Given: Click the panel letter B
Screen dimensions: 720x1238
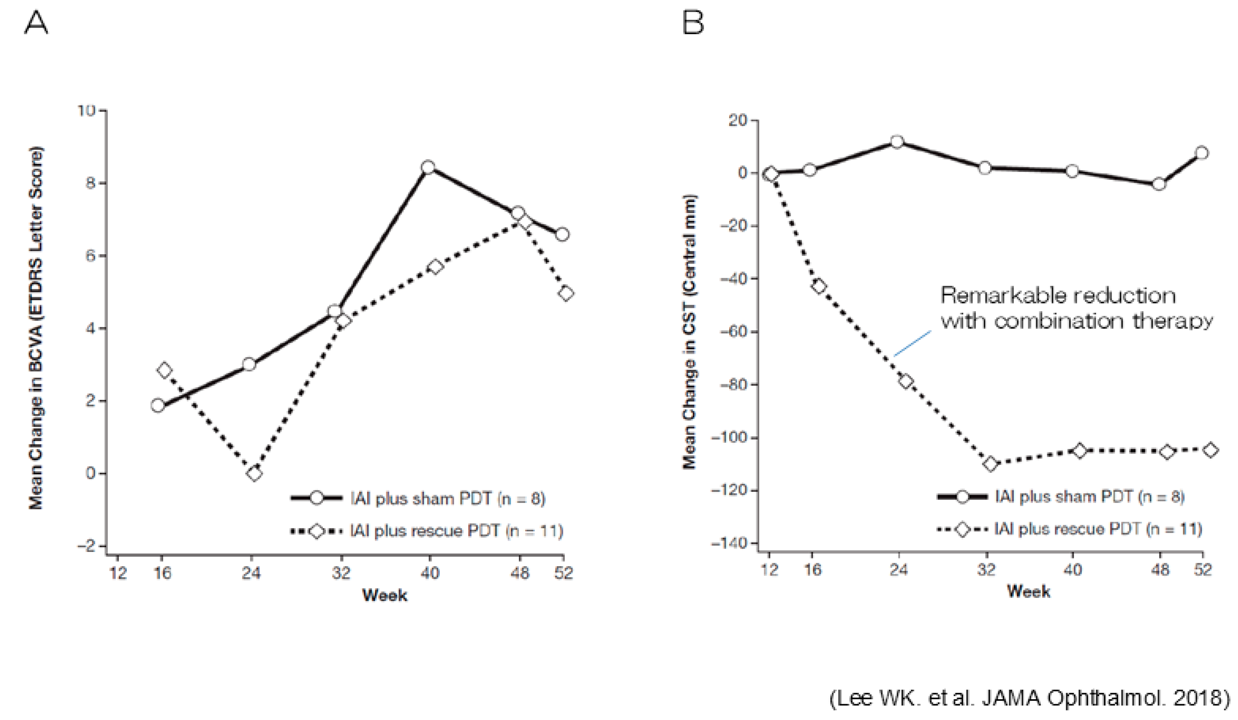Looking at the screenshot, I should [x=693, y=23].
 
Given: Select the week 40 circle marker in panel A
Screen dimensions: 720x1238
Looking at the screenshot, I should [x=428, y=168].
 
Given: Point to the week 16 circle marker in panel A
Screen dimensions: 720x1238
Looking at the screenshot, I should [x=158, y=405].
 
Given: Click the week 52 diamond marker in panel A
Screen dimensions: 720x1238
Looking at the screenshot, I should [x=566, y=294].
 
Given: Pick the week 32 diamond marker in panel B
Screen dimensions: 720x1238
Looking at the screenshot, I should [x=990, y=464].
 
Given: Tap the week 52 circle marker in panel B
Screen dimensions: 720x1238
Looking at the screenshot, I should [x=1202, y=153].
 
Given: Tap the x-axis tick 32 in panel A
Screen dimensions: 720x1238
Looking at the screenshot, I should [x=340, y=573].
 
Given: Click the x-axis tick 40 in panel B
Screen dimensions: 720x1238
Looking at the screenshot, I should [x=1072, y=570].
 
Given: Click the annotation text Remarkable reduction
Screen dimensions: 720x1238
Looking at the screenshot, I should [x=1058, y=296].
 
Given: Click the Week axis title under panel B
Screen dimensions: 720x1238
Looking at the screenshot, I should [x=1028, y=591].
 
